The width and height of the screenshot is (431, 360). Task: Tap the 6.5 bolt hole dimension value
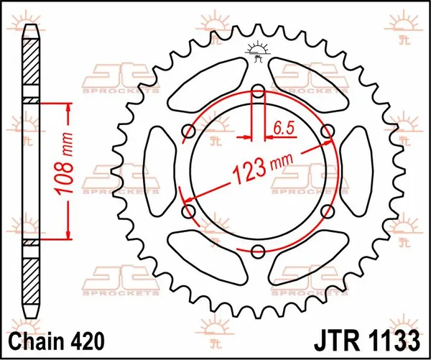[x=283, y=129]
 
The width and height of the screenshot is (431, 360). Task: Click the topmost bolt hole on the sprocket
[x=258, y=91]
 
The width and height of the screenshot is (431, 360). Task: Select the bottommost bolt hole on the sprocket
[x=258, y=251]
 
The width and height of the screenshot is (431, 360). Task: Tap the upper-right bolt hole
[x=328, y=131]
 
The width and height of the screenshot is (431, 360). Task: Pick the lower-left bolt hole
[x=189, y=211]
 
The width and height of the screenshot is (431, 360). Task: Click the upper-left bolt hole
[x=189, y=131]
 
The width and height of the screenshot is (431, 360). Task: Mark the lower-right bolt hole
[x=328, y=211]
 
